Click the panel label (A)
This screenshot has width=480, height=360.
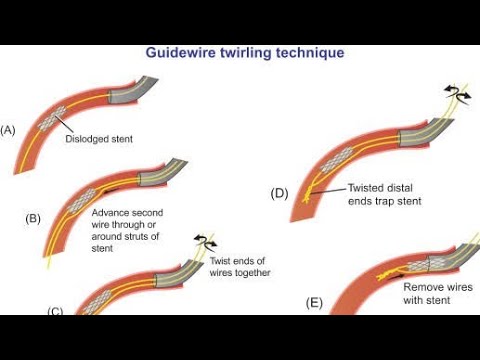9,130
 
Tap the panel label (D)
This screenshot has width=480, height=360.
279,193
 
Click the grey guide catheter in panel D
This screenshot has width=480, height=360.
431,130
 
